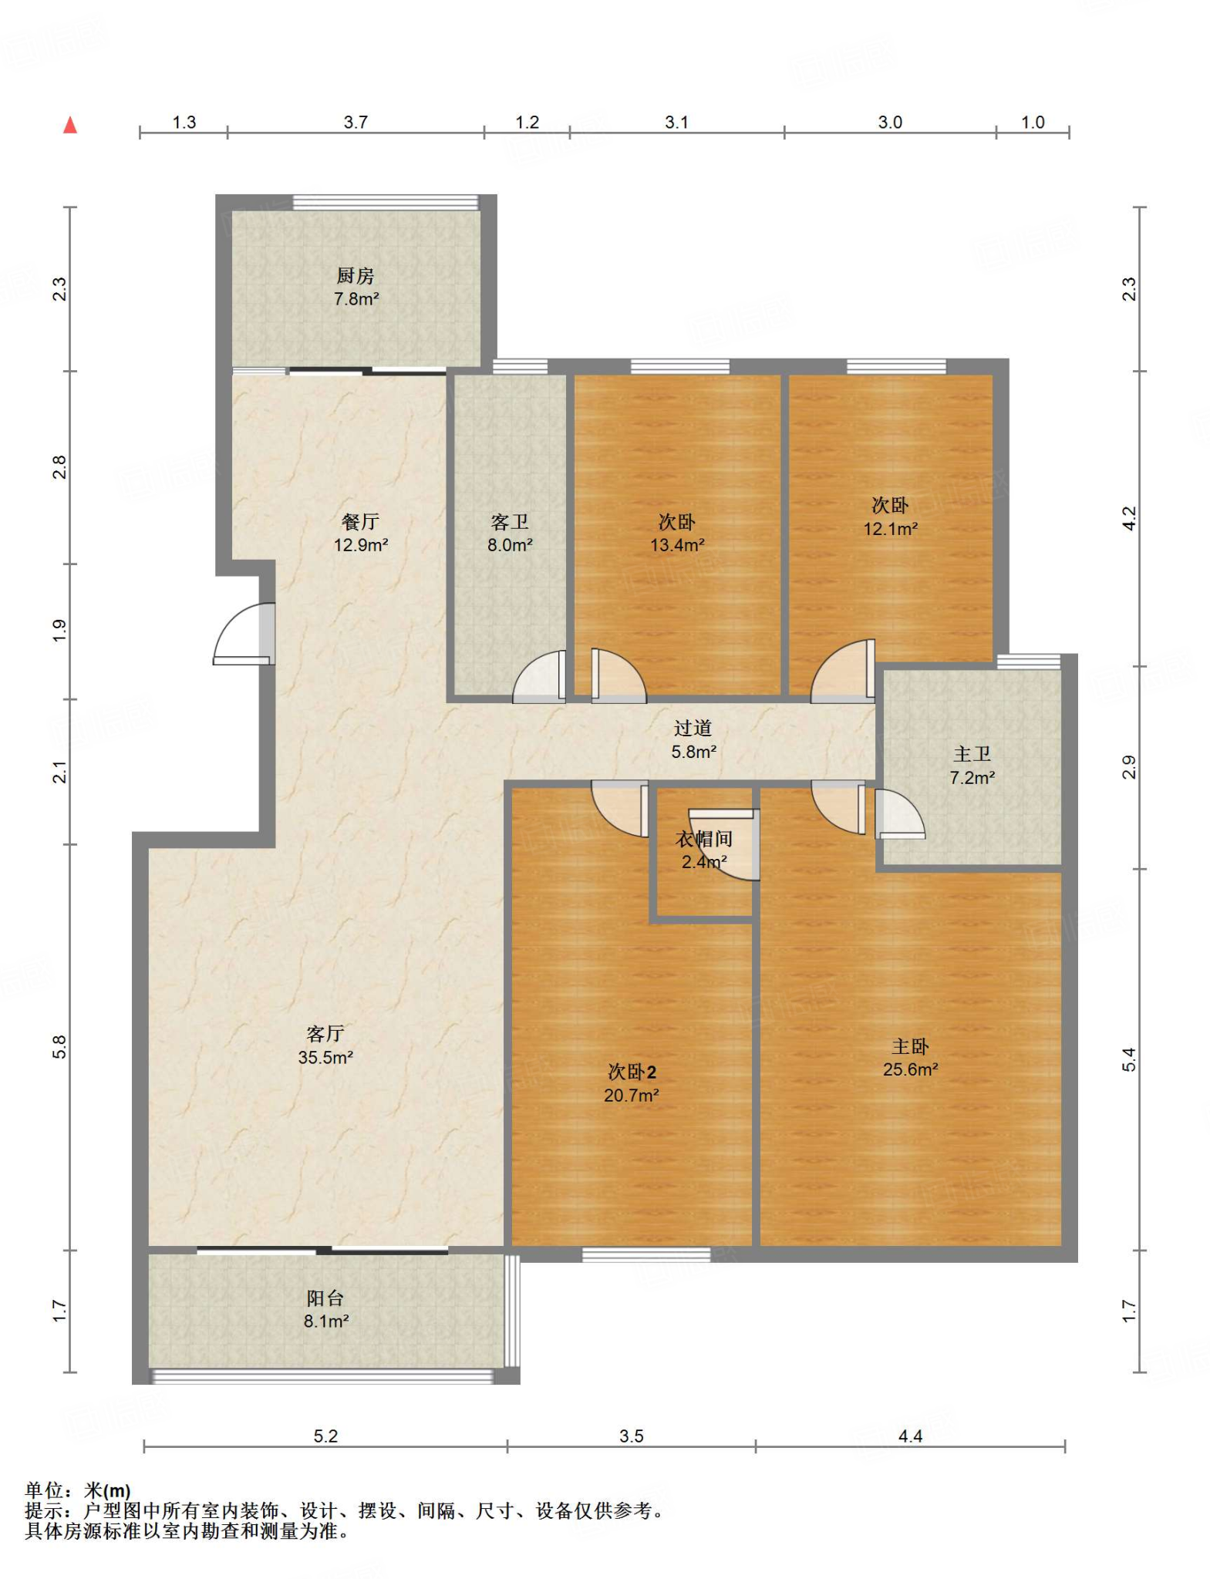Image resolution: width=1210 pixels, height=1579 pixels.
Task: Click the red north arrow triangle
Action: click(70, 125)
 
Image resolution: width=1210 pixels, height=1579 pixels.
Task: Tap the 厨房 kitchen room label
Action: click(356, 275)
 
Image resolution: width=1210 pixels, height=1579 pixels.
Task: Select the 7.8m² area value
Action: click(356, 299)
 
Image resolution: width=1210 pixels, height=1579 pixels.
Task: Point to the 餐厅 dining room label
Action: click(360, 522)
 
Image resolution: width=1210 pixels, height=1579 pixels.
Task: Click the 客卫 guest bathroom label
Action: click(510, 522)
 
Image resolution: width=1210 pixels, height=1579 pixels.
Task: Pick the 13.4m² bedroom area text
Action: click(677, 545)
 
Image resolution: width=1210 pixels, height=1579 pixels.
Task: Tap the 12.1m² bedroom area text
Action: click(891, 529)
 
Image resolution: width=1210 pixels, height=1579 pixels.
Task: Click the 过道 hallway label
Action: click(693, 728)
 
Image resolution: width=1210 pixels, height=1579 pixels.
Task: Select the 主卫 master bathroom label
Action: click(972, 754)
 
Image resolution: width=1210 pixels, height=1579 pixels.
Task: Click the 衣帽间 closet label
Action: click(704, 839)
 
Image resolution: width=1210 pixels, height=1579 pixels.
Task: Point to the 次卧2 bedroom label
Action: click(632, 1072)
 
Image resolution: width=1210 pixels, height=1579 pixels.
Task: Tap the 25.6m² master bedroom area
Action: click(911, 1069)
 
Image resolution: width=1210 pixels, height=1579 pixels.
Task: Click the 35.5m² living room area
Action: click(325, 1057)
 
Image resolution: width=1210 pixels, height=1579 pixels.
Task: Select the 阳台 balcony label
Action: click(325, 1298)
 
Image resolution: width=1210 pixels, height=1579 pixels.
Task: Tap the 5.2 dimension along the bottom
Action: click(325, 1436)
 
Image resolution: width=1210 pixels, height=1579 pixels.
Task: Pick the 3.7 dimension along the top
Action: click(356, 122)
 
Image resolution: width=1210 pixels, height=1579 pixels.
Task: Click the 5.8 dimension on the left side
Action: click(60, 1046)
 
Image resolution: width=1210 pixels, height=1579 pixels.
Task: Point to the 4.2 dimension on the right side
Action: click(1128, 518)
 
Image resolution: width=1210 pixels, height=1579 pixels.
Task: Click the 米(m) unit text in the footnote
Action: click(107, 1490)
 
